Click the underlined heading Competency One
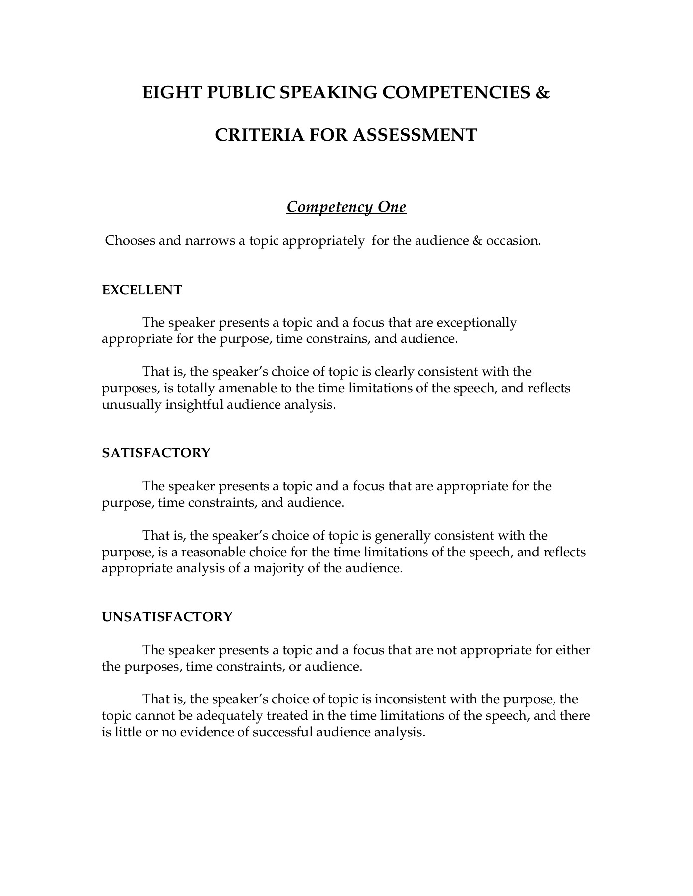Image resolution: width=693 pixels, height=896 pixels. coord(346,207)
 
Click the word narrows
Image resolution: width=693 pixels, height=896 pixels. coord(210,241)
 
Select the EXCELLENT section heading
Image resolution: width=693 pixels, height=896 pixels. coord(142,290)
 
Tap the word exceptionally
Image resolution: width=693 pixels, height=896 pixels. coord(477,323)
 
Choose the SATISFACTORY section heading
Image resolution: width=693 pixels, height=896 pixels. coord(156,453)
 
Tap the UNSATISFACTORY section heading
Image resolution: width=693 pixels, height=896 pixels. coord(167,617)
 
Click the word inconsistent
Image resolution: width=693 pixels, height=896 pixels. coord(410,699)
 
